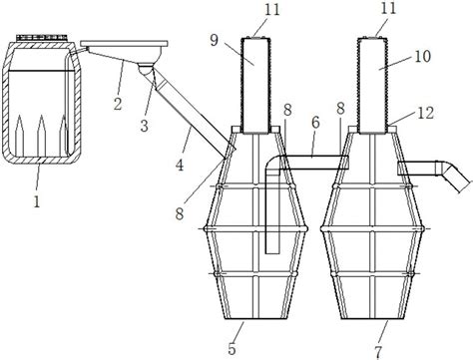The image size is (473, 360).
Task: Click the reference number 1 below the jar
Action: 37,201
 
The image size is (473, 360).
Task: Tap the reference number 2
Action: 118,104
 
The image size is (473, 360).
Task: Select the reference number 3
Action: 144,126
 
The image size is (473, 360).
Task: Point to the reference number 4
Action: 180,165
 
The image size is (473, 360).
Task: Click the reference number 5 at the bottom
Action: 232,349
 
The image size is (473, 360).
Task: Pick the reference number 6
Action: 315,122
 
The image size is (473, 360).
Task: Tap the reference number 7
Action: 378,351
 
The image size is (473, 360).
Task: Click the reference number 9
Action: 215,40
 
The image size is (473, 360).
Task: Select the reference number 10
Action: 422,57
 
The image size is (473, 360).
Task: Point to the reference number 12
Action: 425,114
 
